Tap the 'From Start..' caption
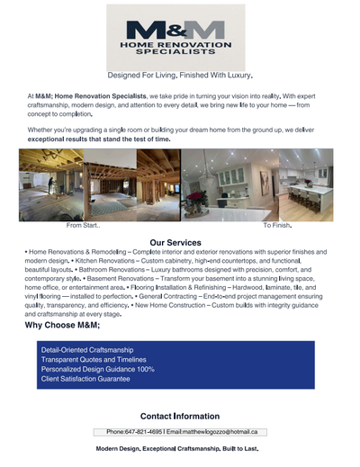click(x=84, y=225)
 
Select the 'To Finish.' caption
click(x=277, y=225)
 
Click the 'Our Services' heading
click(x=175, y=242)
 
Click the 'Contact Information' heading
click(x=180, y=416)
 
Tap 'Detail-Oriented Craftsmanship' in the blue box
click(x=88, y=349)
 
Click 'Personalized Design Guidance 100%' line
click(x=97, y=369)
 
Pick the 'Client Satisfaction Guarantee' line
click(x=86, y=379)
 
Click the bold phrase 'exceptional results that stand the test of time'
click(x=98, y=139)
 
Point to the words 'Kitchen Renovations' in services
click(x=100, y=260)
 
